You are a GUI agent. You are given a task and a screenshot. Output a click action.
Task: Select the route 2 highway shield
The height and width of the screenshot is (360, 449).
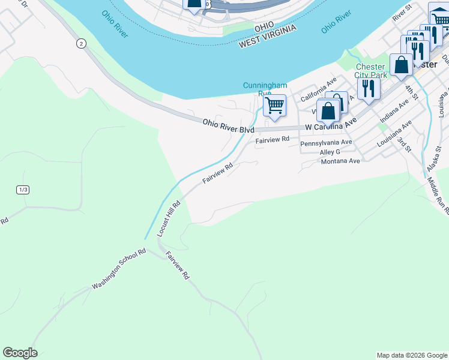click(81, 43)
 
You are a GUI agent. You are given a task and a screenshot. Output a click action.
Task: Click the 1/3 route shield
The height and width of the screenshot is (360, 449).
click(23, 190)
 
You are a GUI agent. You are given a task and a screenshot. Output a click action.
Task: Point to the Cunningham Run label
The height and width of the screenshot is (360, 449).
click(265, 89)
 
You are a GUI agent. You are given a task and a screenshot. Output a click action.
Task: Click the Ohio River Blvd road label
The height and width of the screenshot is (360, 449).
click(228, 126)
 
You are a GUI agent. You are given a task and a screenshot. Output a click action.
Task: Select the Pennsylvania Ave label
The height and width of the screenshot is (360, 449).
click(326, 143)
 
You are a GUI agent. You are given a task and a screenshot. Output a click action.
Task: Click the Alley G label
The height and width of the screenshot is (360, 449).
click(330, 152)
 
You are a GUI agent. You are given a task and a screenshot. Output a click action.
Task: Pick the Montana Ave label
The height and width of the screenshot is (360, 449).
click(340, 161)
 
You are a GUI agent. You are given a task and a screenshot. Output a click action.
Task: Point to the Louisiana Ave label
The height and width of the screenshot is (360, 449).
click(394, 134)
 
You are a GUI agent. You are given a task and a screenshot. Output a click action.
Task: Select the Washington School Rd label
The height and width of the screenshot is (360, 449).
click(119, 269)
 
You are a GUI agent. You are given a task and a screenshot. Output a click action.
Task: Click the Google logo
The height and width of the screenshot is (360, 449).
click(20, 353)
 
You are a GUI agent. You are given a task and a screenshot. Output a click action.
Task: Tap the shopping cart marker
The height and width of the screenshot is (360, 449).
click(274, 106)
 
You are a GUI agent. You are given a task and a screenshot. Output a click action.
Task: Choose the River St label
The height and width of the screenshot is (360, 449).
click(402, 13)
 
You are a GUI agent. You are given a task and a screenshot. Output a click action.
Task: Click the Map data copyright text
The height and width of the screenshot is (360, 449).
click(411, 355)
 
